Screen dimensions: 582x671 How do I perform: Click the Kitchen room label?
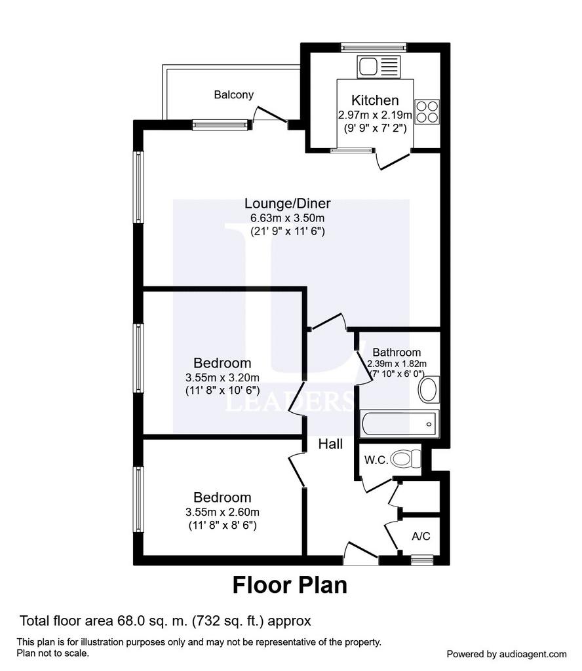(375, 100)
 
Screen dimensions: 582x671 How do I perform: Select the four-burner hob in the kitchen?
(427, 111)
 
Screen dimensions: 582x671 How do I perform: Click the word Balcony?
(234, 94)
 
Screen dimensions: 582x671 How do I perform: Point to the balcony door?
(271, 114)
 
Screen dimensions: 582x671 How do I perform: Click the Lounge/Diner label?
(288, 203)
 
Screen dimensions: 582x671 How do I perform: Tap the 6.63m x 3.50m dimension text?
(288, 218)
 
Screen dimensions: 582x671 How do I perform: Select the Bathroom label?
(397, 352)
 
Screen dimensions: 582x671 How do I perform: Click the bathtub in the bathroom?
(399, 424)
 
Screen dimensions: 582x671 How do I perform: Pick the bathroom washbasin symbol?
(428, 389)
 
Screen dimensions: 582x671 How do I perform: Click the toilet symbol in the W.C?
(405, 459)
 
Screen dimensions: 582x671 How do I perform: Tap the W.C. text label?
(376, 460)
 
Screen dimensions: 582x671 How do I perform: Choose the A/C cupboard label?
(421, 536)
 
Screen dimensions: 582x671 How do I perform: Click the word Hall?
(330, 444)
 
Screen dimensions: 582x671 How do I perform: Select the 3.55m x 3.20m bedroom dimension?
(223, 377)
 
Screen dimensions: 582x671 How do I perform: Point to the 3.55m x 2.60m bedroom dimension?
(223, 512)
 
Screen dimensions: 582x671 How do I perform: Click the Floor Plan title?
(290, 585)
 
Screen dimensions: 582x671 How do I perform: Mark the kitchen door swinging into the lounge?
(393, 160)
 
